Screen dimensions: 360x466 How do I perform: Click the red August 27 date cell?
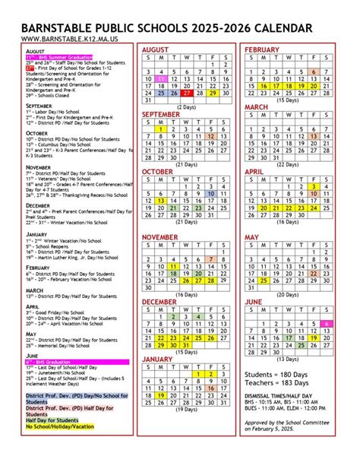pyautogui.click(x=187, y=94)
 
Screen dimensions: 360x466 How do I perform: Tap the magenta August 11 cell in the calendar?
pyautogui.click(x=161, y=78)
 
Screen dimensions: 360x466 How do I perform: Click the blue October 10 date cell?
pyautogui.click(x=212, y=193)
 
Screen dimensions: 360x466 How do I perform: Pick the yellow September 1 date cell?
pyautogui.click(x=161, y=129)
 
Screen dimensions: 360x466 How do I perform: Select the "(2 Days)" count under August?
pyautogui.click(x=187, y=107)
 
